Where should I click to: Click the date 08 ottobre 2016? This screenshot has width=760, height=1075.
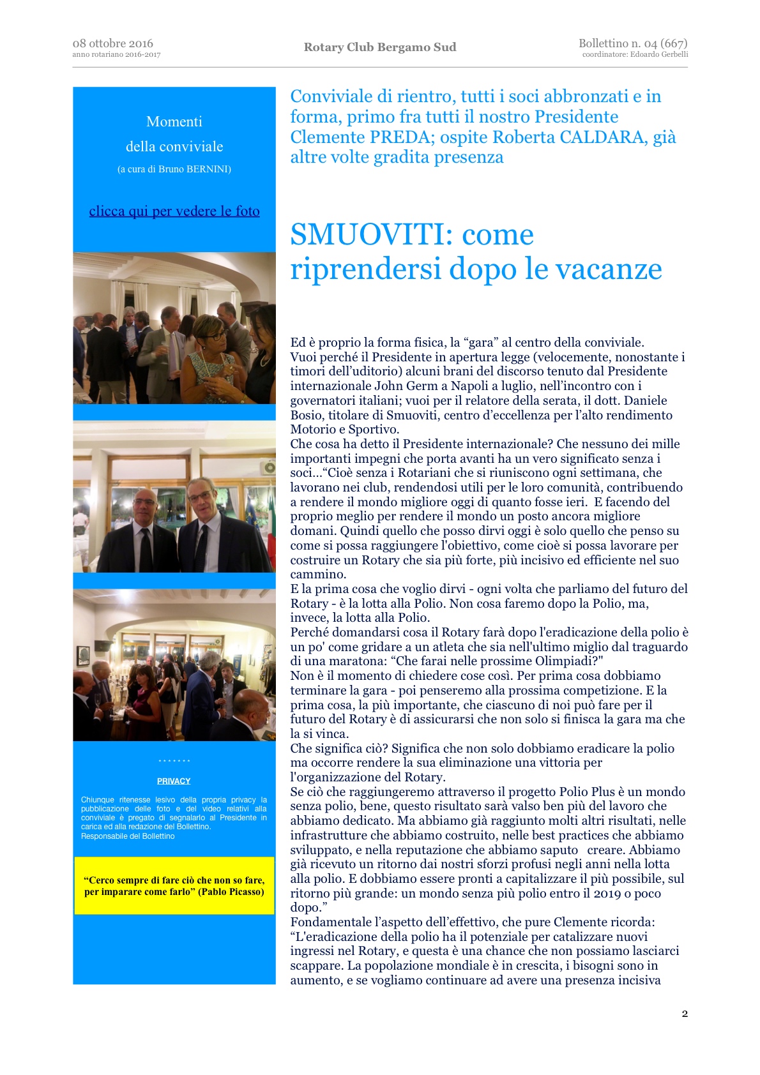[x=112, y=43]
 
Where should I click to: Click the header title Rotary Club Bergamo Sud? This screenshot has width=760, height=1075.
[x=380, y=47]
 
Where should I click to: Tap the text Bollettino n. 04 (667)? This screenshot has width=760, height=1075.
[x=632, y=43]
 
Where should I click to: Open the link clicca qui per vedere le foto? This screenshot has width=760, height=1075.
[x=174, y=211]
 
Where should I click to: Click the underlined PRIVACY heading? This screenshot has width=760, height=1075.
[x=174, y=781]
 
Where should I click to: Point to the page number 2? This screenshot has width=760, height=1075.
[x=685, y=1014]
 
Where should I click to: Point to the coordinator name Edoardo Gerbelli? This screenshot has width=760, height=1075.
[x=658, y=55]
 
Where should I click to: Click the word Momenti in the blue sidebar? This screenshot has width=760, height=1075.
[x=174, y=122]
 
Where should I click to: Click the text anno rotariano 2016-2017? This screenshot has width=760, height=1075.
[x=116, y=55]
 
